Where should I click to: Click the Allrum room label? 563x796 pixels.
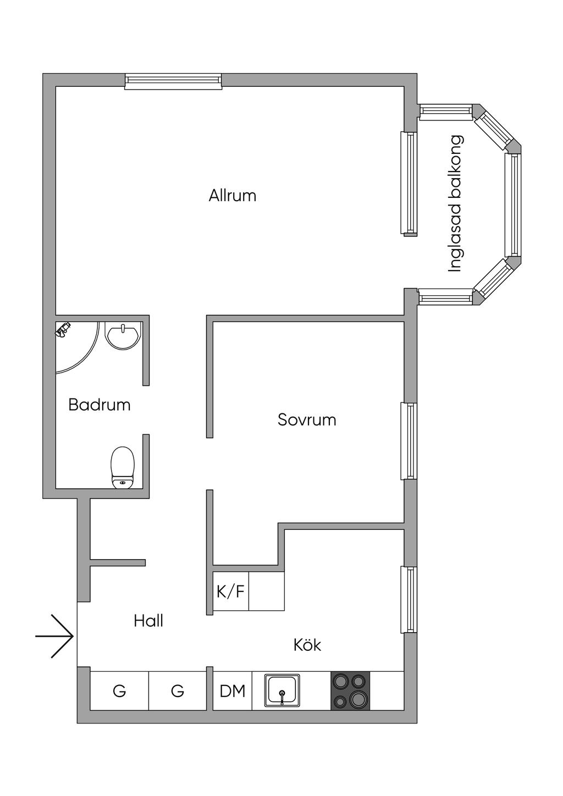click(x=232, y=196)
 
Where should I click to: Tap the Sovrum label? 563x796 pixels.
click(x=307, y=419)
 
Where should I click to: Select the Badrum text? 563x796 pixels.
click(x=99, y=405)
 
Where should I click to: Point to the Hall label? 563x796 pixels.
click(x=148, y=621)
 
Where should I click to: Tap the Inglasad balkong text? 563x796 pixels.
click(x=455, y=203)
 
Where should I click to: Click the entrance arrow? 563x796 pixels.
click(x=54, y=635)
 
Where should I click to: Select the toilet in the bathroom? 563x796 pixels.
click(x=123, y=468)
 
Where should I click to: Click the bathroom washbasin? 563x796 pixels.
click(x=123, y=336)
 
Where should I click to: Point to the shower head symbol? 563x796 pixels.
click(x=63, y=329)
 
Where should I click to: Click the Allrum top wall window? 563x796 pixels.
click(x=173, y=81)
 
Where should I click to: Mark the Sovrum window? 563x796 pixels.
click(x=409, y=441)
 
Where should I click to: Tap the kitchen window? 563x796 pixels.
click(x=409, y=600)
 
